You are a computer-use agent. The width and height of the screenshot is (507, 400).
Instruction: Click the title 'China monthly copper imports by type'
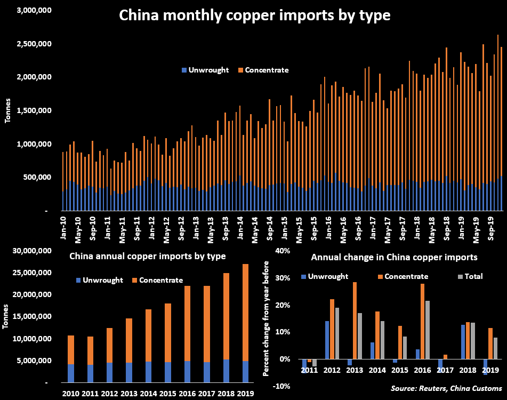(x=255, y=15)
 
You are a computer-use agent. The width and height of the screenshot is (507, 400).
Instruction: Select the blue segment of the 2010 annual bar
(x=71, y=373)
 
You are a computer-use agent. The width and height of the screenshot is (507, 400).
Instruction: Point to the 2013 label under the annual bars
(x=130, y=394)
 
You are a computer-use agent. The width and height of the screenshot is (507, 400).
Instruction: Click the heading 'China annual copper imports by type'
(x=148, y=257)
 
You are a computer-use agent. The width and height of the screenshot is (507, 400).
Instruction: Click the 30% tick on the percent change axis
(x=283, y=278)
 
